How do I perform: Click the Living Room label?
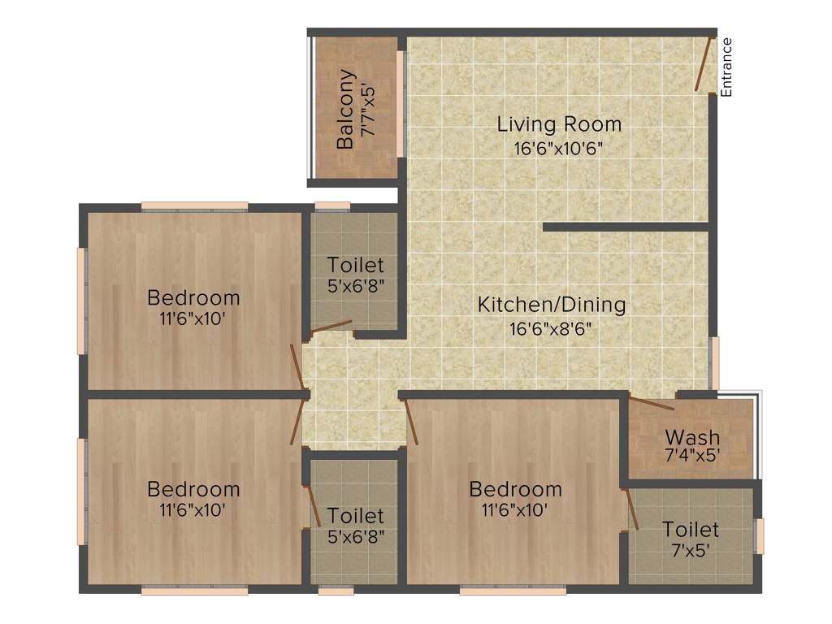559,124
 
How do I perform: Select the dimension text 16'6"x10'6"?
559,149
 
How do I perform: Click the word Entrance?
726,67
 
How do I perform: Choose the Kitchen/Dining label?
552,305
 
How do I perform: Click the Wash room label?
692,438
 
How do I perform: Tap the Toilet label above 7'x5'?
691,530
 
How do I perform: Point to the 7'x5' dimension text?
691,550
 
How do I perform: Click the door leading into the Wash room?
652,402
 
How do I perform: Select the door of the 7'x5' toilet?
631,509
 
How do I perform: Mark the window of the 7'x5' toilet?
760,536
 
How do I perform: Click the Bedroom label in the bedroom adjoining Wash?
515,490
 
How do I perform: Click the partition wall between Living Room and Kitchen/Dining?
626,227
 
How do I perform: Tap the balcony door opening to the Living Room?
401,105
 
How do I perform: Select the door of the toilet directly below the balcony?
331,327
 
